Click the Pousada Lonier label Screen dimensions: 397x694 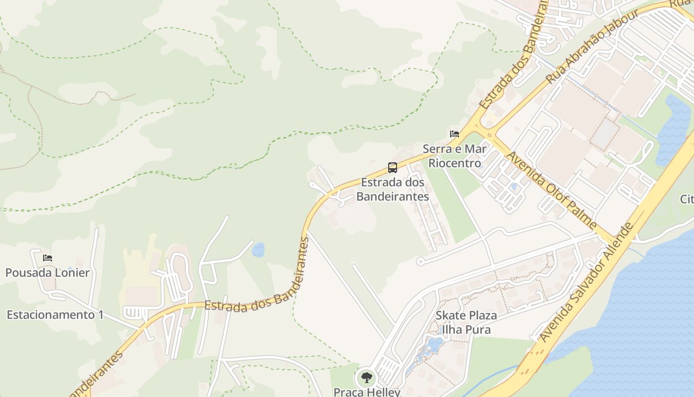pos(48,272)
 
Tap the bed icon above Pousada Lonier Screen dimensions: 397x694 pos(48,258)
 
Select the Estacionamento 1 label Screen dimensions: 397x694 pos(55,315)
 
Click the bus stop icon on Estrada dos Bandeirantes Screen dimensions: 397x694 pos(393,167)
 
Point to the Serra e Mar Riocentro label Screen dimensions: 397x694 pos(455,156)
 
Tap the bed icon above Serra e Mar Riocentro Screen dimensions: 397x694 pos(454,133)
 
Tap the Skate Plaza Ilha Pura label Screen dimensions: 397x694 pos(466,323)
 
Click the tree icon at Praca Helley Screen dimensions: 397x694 pos(366,378)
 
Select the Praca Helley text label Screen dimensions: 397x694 pos(367,392)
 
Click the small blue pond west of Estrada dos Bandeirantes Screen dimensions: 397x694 pos(258,250)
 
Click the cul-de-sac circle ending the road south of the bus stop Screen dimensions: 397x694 pos(420,261)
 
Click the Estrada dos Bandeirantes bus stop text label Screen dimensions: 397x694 pos(393,189)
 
